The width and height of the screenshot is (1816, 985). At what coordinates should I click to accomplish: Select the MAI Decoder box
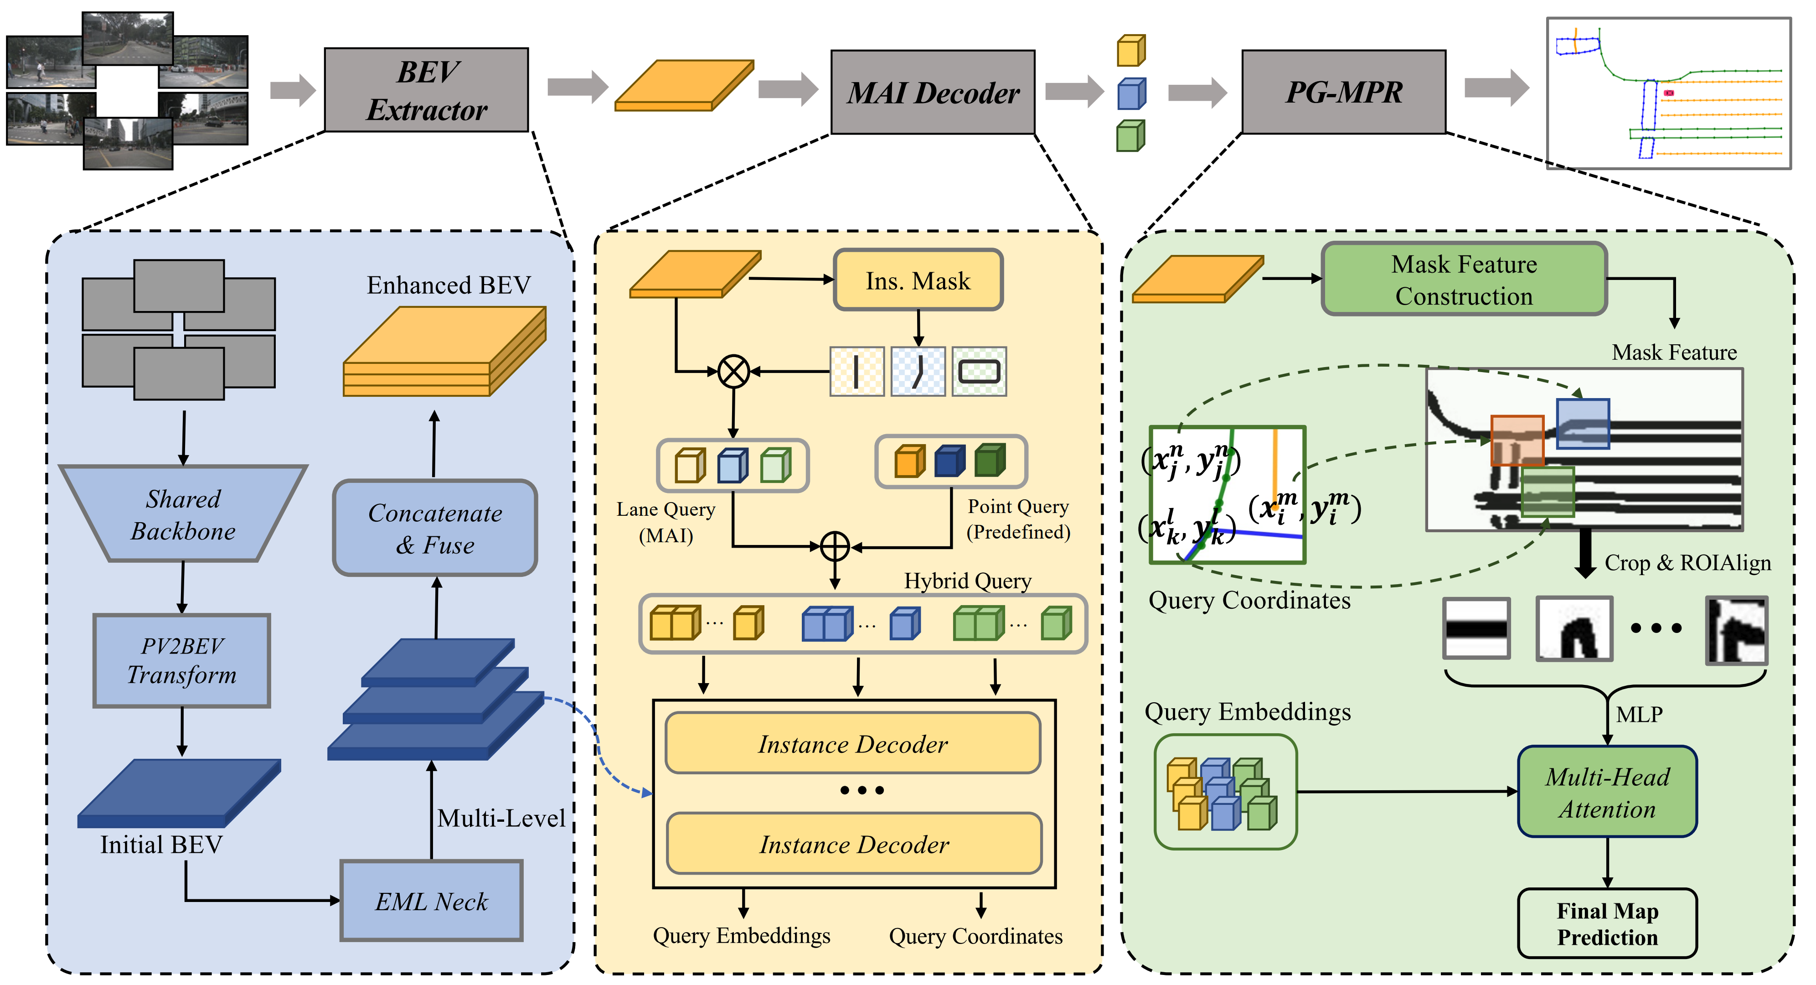pos(933,93)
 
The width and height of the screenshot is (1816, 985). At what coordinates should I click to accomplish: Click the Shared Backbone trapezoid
pos(183,514)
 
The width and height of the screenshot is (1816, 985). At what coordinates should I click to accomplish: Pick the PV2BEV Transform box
pos(182,660)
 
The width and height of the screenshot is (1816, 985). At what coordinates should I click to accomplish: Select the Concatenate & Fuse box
pos(435,528)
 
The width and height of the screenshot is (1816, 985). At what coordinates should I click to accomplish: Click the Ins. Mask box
pos(918,280)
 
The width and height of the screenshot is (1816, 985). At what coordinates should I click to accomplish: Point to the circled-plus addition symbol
pos(835,546)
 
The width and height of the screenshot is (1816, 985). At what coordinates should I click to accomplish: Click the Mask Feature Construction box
pos(1464,279)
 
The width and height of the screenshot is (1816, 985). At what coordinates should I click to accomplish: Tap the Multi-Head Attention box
pos(1607,792)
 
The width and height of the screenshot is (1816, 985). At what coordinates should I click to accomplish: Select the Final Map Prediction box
pos(1607,923)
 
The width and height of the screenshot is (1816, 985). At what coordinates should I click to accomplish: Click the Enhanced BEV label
pos(449,285)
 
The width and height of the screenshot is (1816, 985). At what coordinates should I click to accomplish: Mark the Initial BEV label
pos(161,844)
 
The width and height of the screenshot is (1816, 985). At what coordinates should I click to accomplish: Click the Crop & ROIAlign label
pos(1687,563)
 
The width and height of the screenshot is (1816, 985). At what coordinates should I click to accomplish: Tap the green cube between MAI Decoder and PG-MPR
pos(1131,136)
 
